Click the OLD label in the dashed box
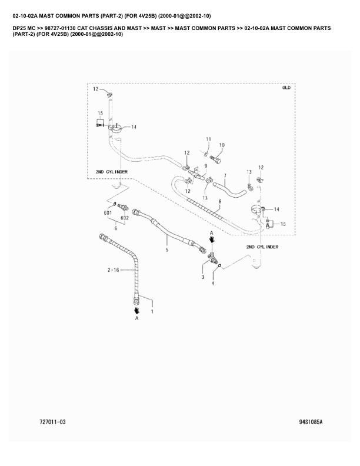pos(286,88)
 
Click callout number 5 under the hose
pos(167,251)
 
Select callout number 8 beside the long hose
pos(219,202)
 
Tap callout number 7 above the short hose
pos(224,175)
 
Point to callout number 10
pos(222,145)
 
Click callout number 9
pos(206,166)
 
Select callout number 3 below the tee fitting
pos(202,276)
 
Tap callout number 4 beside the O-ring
pos(213,284)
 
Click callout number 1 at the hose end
pos(152,312)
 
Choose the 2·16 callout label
pos(113,270)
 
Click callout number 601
pos(108,212)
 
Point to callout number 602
pos(124,218)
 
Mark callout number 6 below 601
pos(115,228)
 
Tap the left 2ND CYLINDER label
pos(112,172)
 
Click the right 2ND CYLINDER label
pos(262,247)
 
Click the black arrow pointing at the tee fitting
pos(212,240)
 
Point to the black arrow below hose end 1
pos(136,309)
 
